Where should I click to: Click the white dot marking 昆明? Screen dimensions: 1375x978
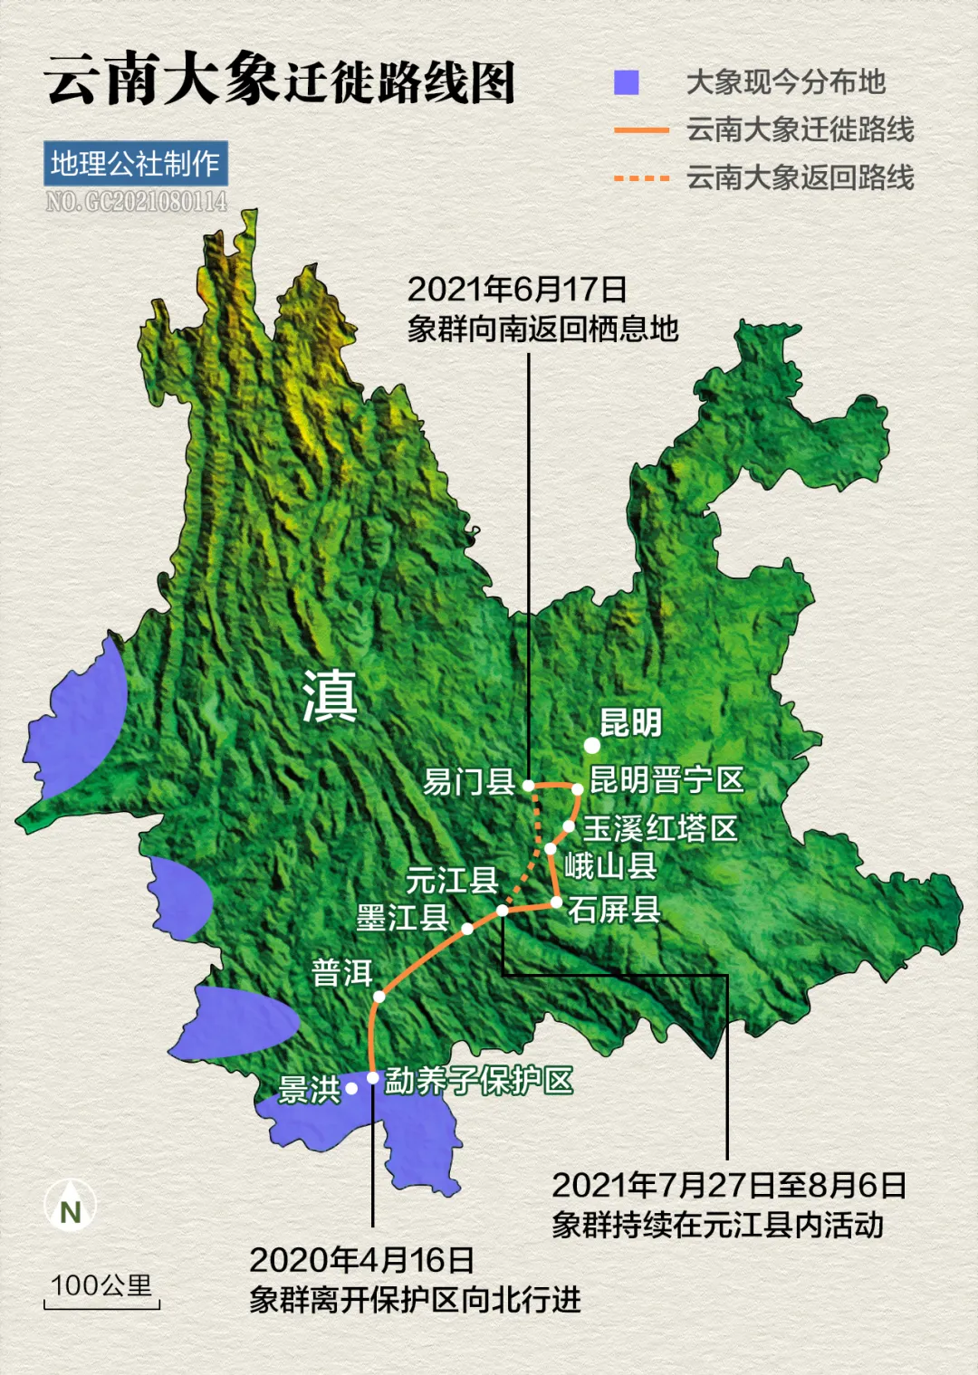591,745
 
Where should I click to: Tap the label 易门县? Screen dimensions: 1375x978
468,781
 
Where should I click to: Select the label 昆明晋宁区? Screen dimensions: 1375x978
666,779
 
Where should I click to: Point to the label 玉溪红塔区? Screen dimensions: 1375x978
660,828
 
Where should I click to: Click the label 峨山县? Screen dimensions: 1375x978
610,866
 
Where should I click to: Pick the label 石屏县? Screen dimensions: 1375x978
614,910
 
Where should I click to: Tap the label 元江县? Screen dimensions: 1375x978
452,880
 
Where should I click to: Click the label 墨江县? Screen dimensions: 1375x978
402,918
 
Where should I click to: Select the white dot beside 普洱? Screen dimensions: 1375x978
379,997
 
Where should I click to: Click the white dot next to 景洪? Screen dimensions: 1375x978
351,1088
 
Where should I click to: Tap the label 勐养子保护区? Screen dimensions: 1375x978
479,1080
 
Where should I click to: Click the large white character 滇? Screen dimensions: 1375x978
330,696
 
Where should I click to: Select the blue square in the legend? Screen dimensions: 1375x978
627,82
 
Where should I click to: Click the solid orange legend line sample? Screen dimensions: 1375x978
641,131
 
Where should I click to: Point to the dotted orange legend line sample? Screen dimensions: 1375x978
641,178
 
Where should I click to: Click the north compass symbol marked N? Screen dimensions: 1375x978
70,1206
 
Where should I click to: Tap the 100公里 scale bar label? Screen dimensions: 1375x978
101,1285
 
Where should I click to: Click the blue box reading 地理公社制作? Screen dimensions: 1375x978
135,164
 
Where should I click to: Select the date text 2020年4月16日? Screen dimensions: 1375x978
361,1260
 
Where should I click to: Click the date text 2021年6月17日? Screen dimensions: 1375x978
517,290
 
